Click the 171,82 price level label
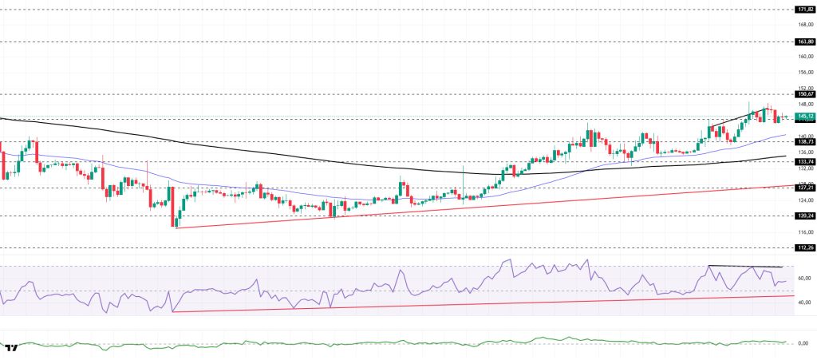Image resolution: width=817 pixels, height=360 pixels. pos(804,9)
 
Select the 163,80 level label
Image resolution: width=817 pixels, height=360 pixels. pos(804,41)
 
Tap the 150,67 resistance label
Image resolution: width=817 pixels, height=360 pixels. pos(804,93)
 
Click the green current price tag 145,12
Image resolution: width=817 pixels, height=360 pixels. pos(804,117)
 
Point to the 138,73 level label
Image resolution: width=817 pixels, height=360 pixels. pos(804,141)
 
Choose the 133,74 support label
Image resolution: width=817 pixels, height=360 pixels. pos(804,161)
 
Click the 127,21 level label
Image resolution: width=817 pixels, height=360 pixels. pos(804,188)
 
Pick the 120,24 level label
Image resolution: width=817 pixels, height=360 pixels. pos(804,216)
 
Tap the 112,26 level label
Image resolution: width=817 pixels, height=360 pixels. pos(804,247)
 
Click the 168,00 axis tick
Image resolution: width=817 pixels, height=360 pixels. pos(804,24)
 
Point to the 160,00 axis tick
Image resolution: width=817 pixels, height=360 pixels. pos(804,56)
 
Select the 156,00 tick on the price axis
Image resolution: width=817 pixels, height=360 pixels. pos(804,72)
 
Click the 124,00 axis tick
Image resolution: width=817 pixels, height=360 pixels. pos(804,200)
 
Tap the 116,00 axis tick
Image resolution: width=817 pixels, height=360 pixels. pos(804,232)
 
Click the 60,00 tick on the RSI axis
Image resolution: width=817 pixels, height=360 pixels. pos(803,278)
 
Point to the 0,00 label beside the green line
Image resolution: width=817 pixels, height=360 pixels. pos(804,342)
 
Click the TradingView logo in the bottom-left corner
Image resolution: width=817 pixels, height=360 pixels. pos(11,348)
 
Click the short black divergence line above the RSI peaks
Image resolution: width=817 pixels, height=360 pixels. pos(744,266)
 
